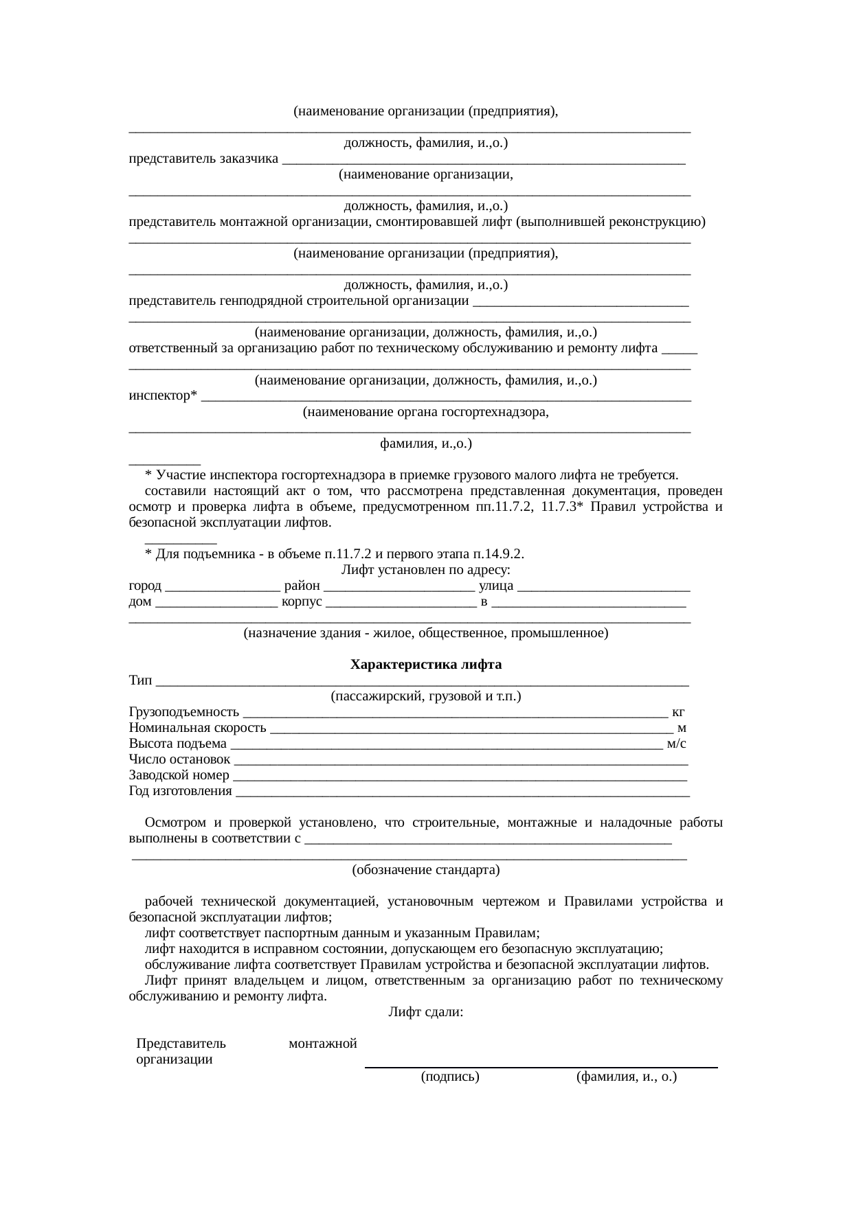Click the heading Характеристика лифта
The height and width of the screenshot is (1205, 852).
(425, 665)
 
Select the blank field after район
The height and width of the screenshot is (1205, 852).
(398, 586)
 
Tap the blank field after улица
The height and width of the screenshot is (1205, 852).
(603, 586)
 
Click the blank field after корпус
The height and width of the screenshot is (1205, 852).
(401, 602)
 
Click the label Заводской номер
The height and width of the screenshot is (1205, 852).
(179, 775)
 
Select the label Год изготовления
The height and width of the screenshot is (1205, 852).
(180, 791)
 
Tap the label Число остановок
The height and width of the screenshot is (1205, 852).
(179, 759)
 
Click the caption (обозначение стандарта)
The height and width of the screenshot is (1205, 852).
(425, 870)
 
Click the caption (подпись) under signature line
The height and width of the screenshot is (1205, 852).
(449, 1077)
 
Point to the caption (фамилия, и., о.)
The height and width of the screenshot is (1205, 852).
(626, 1077)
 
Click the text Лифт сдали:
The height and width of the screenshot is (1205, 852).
(425, 1012)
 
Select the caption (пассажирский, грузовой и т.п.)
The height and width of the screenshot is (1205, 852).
(425, 696)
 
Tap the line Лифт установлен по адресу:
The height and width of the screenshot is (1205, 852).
(425, 570)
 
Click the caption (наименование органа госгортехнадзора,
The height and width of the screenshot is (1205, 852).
(425, 412)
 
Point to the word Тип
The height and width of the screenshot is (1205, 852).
(140, 680)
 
